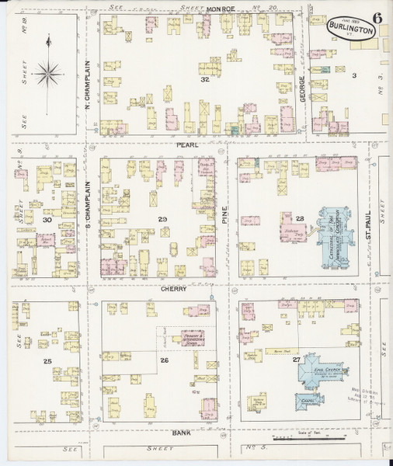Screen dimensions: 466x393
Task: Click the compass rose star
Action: pyautogui.click(x=49, y=73)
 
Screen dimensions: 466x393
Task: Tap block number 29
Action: pyautogui.click(x=162, y=220)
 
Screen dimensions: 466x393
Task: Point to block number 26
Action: pyautogui.click(x=165, y=360)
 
